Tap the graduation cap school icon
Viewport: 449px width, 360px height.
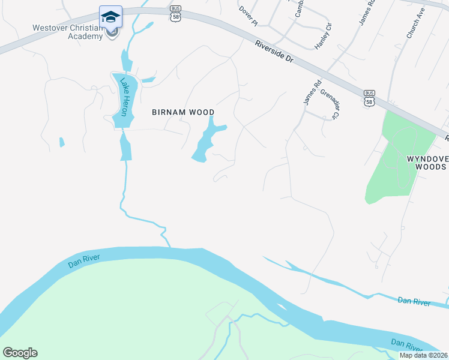(110, 16)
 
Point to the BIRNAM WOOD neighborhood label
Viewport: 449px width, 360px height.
(183, 112)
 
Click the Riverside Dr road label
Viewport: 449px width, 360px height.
(273, 53)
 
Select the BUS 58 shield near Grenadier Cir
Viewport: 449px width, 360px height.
(369, 97)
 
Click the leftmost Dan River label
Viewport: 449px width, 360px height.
(83, 262)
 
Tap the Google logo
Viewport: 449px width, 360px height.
(20, 353)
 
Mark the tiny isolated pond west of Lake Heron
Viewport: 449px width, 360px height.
(61, 143)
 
